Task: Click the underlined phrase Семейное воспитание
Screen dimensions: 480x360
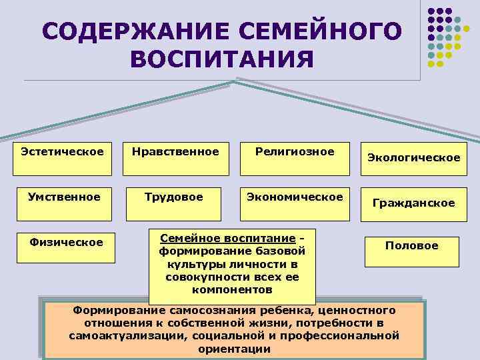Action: (224, 238)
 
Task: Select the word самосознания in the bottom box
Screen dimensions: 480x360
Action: (205, 310)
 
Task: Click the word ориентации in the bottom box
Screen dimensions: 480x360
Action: (234, 348)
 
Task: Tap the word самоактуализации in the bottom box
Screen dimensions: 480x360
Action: (127, 335)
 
